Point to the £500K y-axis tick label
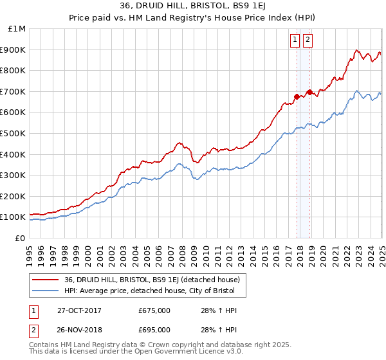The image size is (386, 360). (x=13, y=133)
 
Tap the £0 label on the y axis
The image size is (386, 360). (x=20, y=238)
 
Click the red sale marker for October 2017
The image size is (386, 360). (x=297, y=96)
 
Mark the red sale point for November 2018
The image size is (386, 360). (x=309, y=92)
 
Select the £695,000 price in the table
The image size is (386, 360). (x=154, y=330)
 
